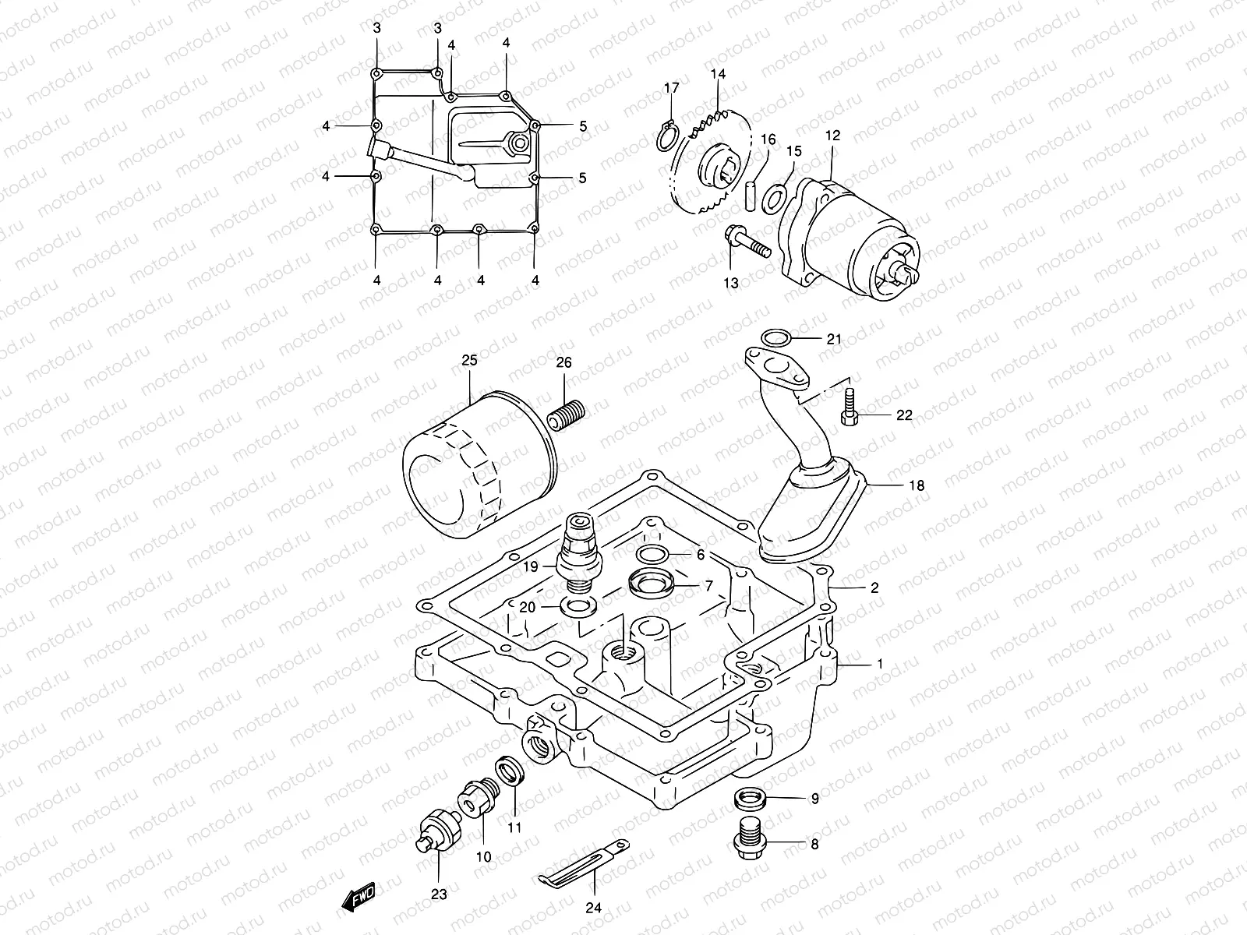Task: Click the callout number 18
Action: click(917, 485)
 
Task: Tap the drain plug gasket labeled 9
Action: click(748, 798)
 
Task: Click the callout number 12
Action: click(832, 136)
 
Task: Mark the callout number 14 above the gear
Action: click(718, 75)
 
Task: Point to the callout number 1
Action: click(880, 664)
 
